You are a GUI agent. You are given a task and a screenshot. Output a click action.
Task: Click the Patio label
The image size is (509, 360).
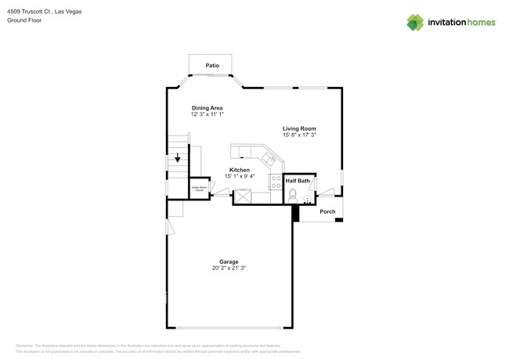[x=211, y=66]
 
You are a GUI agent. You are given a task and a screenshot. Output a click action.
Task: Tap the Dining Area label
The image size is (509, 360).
[x=208, y=108]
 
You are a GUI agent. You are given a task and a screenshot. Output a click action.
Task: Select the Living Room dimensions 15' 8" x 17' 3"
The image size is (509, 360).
[x=299, y=135]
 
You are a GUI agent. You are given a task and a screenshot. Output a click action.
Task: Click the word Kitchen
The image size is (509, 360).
[x=240, y=170]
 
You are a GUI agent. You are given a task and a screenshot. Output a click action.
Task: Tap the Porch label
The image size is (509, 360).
[x=327, y=211]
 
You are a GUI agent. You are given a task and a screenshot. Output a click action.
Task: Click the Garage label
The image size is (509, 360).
[x=229, y=261]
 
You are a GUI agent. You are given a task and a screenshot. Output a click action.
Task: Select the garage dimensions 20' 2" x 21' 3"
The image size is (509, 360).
[x=229, y=268]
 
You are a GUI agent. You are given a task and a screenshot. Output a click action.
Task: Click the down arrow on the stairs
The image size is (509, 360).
[x=178, y=157]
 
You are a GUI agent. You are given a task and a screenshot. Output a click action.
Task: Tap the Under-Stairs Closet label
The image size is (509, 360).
[x=199, y=188]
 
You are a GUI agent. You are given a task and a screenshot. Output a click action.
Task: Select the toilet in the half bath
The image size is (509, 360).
[x=293, y=193]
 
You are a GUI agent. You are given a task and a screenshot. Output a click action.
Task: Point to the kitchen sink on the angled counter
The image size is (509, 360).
[x=269, y=160]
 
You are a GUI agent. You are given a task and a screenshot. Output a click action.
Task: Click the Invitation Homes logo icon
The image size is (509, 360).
[x=415, y=22]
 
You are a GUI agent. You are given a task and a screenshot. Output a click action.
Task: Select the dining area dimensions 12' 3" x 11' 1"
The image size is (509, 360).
[x=208, y=114]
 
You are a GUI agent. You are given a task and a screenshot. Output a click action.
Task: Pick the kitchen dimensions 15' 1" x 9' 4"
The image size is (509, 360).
[x=240, y=176]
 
